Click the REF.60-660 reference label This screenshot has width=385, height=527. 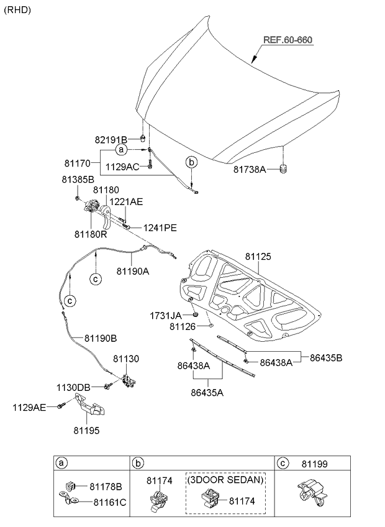pyautogui.click(x=288, y=40)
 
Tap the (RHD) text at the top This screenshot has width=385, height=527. pyautogui.click(x=17, y=10)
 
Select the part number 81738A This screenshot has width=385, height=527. pyautogui.click(x=250, y=170)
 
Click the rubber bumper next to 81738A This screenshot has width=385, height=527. pyautogui.click(x=284, y=168)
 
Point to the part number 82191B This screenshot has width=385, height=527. pyautogui.click(x=111, y=139)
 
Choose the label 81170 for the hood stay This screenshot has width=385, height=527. pyautogui.click(x=78, y=163)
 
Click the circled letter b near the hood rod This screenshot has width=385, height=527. pyautogui.click(x=191, y=163)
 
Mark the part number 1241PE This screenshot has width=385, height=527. pyautogui.click(x=160, y=228)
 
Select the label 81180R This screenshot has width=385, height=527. pyautogui.click(x=91, y=234)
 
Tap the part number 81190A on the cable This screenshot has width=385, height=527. pyautogui.click(x=133, y=271)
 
